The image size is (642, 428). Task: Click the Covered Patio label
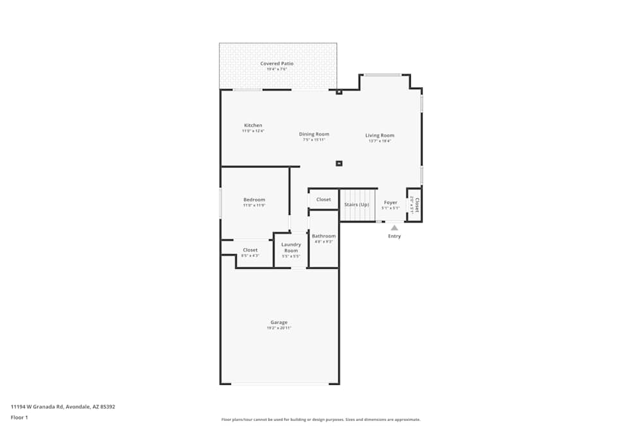click(x=277, y=64)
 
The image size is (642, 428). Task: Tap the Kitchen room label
click(x=253, y=125)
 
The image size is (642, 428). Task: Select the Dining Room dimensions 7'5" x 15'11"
click(x=314, y=140)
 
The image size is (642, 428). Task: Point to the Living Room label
click(x=380, y=135)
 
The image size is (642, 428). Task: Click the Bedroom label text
click(x=254, y=200)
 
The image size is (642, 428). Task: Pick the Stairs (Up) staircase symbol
click(x=358, y=205)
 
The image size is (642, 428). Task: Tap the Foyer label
click(x=391, y=202)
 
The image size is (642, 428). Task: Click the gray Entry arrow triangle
click(x=394, y=227)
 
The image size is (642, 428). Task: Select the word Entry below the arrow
click(x=394, y=236)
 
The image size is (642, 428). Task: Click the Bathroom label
click(x=324, y=236)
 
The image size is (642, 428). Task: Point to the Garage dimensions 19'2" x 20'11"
click(x=279, y=328)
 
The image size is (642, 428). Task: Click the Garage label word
click(x=279, y=322)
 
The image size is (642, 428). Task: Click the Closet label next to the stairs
click(x=324, y=200)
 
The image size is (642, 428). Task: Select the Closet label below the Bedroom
click(x=250, y=250)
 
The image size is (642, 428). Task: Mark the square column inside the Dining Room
click(x=339, y=163)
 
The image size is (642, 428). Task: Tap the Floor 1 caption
click(x=19, y=417)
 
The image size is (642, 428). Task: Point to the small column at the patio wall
click(x=339, y=92)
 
